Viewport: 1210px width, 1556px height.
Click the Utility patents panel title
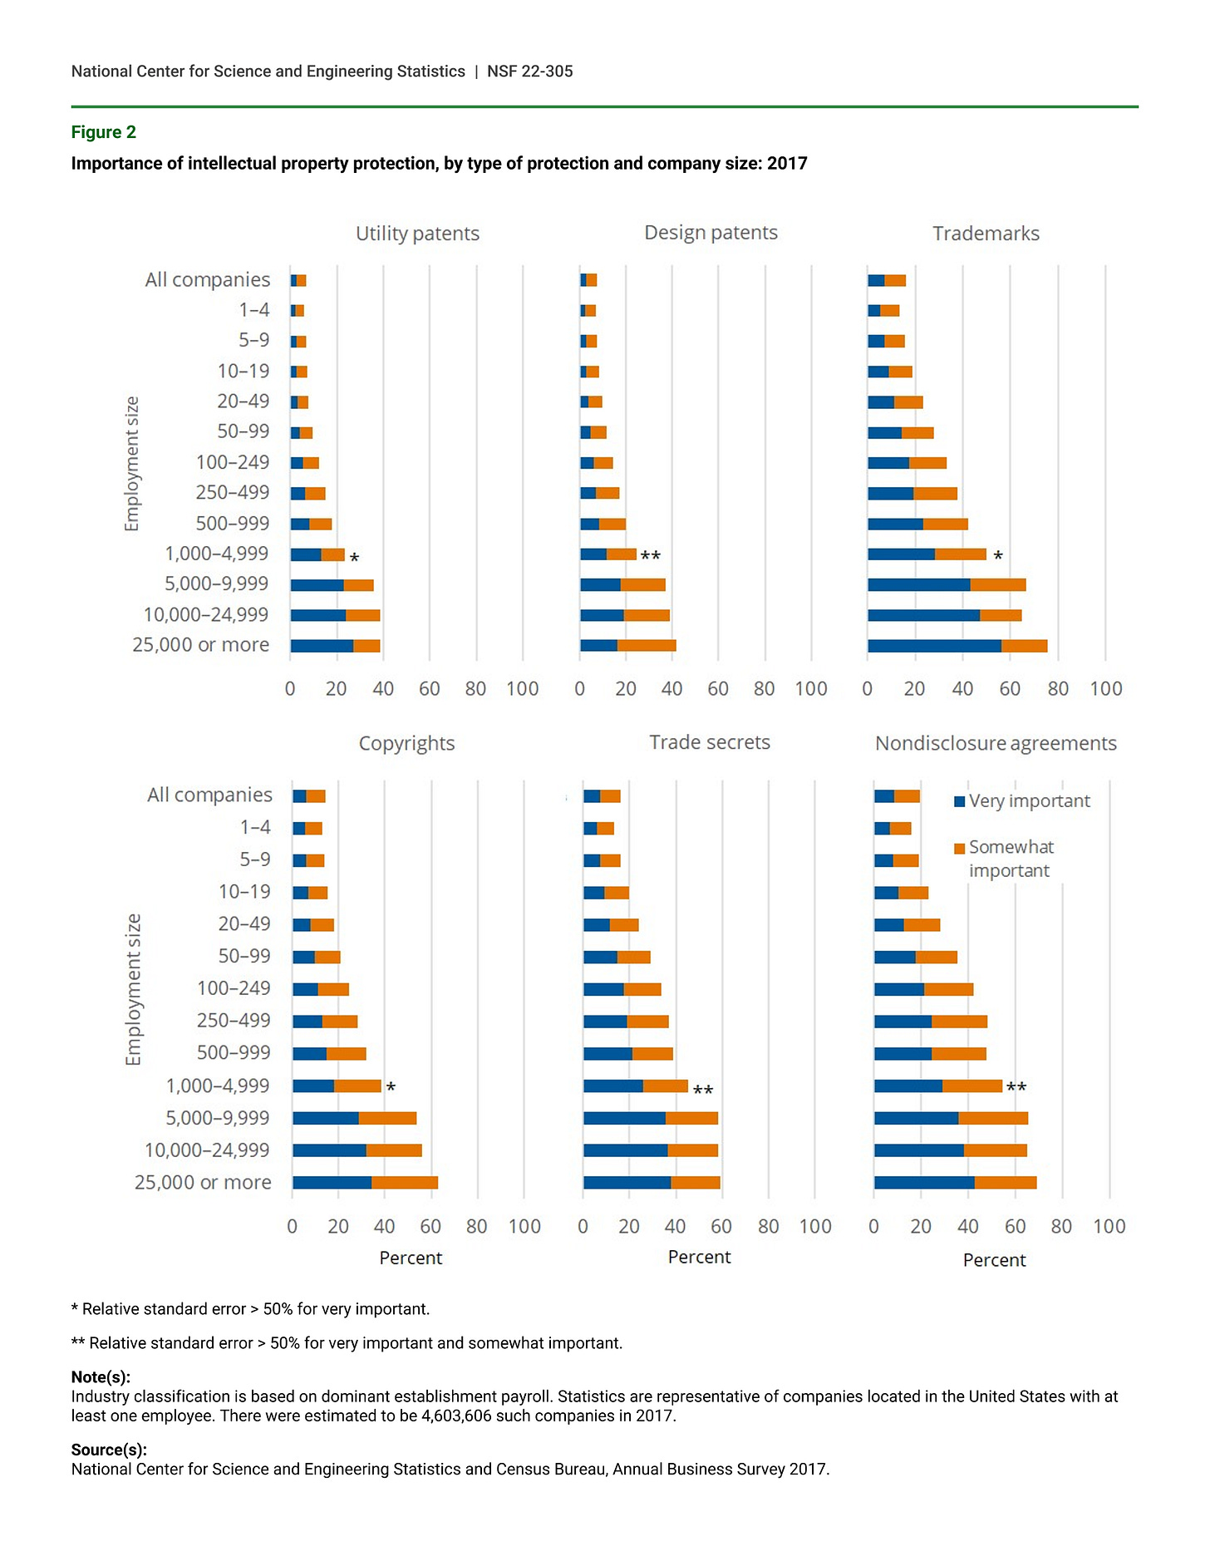(x=417, y=234)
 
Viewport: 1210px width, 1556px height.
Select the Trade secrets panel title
(x=709, y=742)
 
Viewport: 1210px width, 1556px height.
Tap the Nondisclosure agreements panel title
(x=996, y=743)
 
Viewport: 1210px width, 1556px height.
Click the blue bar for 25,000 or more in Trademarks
(x=934, y=646)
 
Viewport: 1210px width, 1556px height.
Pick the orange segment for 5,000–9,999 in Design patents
(x=643, y=585)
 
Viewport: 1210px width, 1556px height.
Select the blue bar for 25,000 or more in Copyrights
(x=332, y=1183)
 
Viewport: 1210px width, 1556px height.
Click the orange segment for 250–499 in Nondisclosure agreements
(x=959, y=1022)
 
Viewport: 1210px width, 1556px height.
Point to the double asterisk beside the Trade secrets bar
(x=703, y=1090)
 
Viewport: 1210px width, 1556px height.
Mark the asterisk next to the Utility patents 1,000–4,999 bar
(x=354, y=558)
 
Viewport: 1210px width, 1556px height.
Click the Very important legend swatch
(x=960, y=801)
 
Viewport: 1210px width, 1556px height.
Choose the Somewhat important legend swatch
(x=960, y=848)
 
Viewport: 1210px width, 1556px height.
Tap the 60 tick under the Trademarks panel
(x=1010, y=688)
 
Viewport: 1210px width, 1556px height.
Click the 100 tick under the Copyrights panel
(x=524, y=1226)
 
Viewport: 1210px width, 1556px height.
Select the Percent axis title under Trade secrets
(x=699, y=1257)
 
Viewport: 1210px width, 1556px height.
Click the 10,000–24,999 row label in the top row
(x=206, y=615)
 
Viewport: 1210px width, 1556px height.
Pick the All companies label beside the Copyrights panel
(x=209, y=795)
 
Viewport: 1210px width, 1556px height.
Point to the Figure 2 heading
(x=103, y=132)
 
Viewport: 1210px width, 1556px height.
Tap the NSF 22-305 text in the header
(x=529, y=71)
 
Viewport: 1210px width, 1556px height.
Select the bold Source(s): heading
(x=109, y=1450)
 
